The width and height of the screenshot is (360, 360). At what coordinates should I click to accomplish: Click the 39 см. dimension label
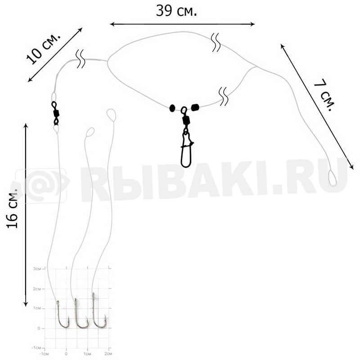[176, 11]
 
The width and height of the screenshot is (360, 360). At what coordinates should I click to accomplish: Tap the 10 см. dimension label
[44, 49]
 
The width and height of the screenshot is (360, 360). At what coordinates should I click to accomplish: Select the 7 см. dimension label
[324, 95]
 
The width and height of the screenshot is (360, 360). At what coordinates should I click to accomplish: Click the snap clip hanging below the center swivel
[186, 149]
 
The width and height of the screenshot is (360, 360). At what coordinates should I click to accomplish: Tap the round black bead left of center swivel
[172, 108]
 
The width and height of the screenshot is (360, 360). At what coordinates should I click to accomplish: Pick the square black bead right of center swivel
[195, 107]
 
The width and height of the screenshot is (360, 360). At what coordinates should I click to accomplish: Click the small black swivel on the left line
[55, 113]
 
